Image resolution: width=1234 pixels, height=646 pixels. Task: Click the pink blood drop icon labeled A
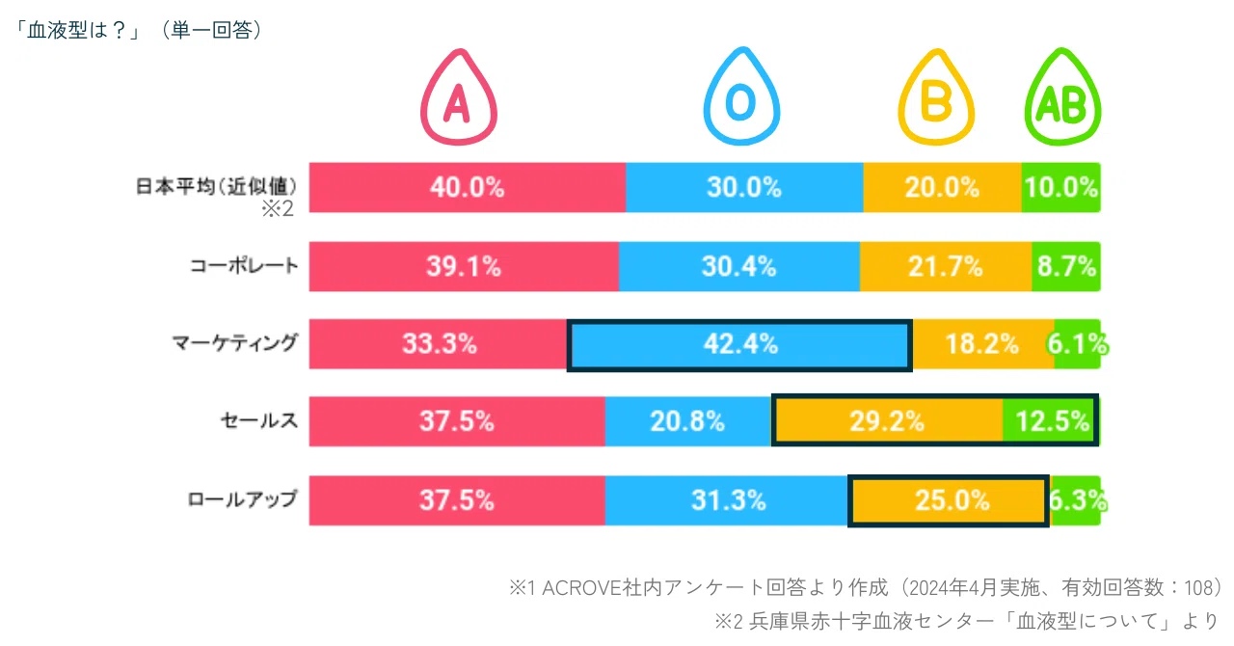pyautogui.click(x=458, y=97)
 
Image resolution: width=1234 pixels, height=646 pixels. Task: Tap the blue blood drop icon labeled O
pyautogui.click(x=741, y=96)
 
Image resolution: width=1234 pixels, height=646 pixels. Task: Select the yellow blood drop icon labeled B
pyautogui.click(x=936, y=97)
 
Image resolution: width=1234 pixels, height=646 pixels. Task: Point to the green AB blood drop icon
pyautogui.click(x=1062, y=97)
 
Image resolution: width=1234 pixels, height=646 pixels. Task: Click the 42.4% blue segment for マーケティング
pyautogui.click(x=739, y=345)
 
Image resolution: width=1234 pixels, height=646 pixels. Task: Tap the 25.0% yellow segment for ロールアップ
pyautogui.click(x=948, y=500)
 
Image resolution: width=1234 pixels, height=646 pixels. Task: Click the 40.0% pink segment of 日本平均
pyautogui.click(x=468, y=187)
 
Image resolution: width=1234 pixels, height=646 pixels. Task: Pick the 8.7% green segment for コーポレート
pyautogui.click(x=1066, y=266)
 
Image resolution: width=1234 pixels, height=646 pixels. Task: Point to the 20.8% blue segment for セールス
pyautogui.click(x=687, y=421)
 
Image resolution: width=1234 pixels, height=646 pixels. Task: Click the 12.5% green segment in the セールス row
pyautogui.click(x=1051, y=421)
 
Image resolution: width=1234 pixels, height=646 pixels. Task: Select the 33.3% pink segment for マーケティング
pyautogui.click(x=438, y=344)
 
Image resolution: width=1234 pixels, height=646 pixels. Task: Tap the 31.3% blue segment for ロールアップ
pyautogui.click(x=727, y=500)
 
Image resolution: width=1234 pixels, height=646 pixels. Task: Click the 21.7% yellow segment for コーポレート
pyautogui.click(x=946, y=266)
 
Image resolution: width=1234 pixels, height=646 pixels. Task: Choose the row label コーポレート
pyautogui.click(x=244, y=266)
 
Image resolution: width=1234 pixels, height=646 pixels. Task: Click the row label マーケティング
pyautogui.click(x=234, y=343)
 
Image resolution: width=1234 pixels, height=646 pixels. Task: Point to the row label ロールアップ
pyautogui.click(x=242, y=499)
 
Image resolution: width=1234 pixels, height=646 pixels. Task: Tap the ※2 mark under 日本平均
pyautogui.click(x=278, y=209)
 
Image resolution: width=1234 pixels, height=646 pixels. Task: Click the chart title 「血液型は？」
pyautogui.click(x=77, y=30)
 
